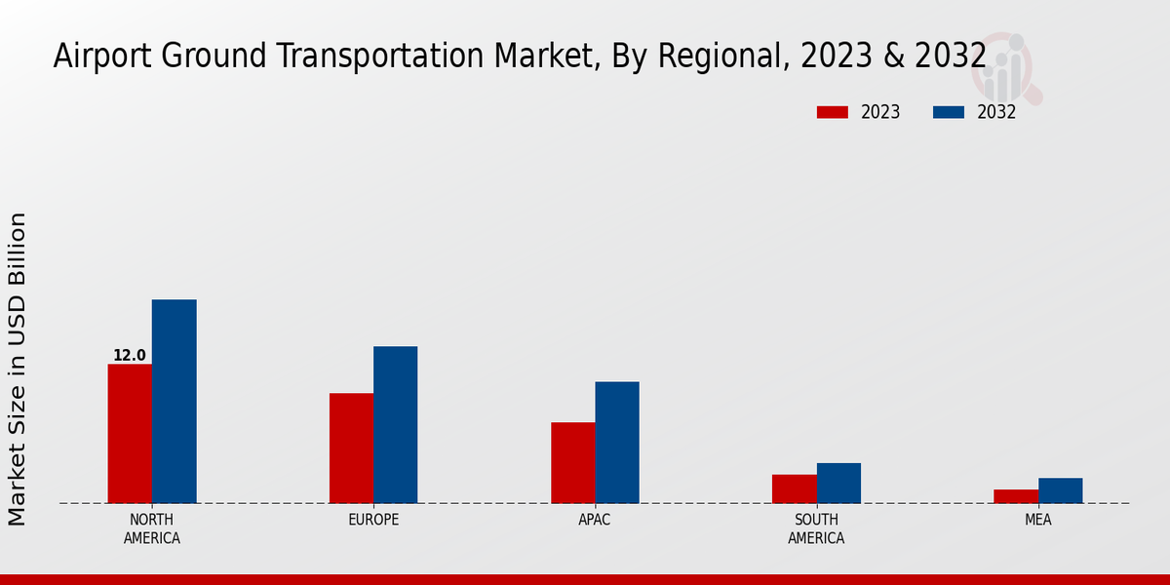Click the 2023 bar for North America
tap(130, 434)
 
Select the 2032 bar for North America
tap(174, 402)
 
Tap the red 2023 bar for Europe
tap(351, 448)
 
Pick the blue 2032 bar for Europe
tap(395, 425)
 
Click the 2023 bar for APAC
tap(572, 463)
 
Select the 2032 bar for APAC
tap(617, 443)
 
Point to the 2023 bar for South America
tap(794, 489)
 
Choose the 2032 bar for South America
tap(838, 484)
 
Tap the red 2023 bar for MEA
tap(1016, 496)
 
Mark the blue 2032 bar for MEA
tap(1060, 490)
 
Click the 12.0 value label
tap(129, 356)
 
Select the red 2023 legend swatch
tap(832, 112)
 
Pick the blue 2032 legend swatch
tap(948, 112)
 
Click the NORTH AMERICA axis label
tap(152, 528)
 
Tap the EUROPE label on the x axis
tap(373, 520)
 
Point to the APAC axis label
tap(595, 520)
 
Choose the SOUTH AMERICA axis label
tap(816, 528)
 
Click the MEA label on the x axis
tap(1037, 520)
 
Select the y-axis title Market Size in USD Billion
tap(18, 369)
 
